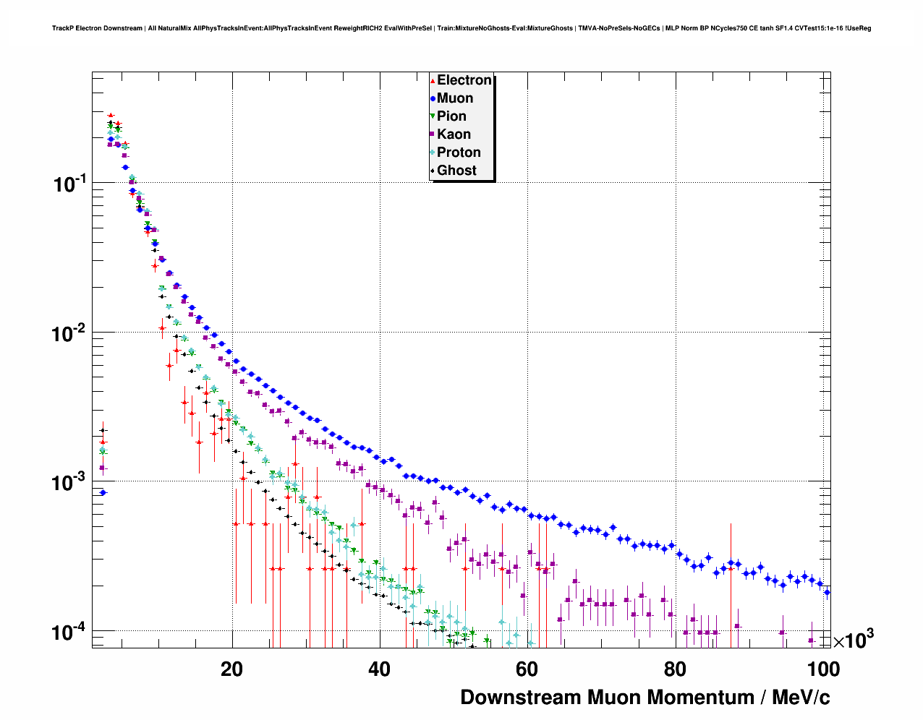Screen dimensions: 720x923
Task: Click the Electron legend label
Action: pos(464,80)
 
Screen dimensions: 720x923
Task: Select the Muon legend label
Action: pos(455,98)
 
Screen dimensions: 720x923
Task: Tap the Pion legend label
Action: pos(451,116)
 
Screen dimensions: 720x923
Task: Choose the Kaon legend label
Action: pos(454,134)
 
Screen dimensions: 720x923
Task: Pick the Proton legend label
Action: pos(459,153)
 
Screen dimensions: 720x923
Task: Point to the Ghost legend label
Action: pos(456,171)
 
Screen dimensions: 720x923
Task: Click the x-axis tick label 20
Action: pos(232,669)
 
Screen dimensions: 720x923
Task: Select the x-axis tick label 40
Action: pos(379,669)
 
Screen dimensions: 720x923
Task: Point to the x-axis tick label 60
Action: pos(527,669)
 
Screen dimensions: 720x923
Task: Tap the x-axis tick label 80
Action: pos(674,669)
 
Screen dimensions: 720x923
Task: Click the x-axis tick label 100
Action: pos(822,669)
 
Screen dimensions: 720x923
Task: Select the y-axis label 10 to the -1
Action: pos(70,184)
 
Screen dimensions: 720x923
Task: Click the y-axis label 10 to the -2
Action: pos(70,334)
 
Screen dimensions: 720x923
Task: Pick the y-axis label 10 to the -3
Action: pos(70,483)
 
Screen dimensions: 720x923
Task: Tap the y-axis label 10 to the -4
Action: pos(70,633)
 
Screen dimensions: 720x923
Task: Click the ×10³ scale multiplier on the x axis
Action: pos(853,640)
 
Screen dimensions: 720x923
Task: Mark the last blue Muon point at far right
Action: pos(828,592)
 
